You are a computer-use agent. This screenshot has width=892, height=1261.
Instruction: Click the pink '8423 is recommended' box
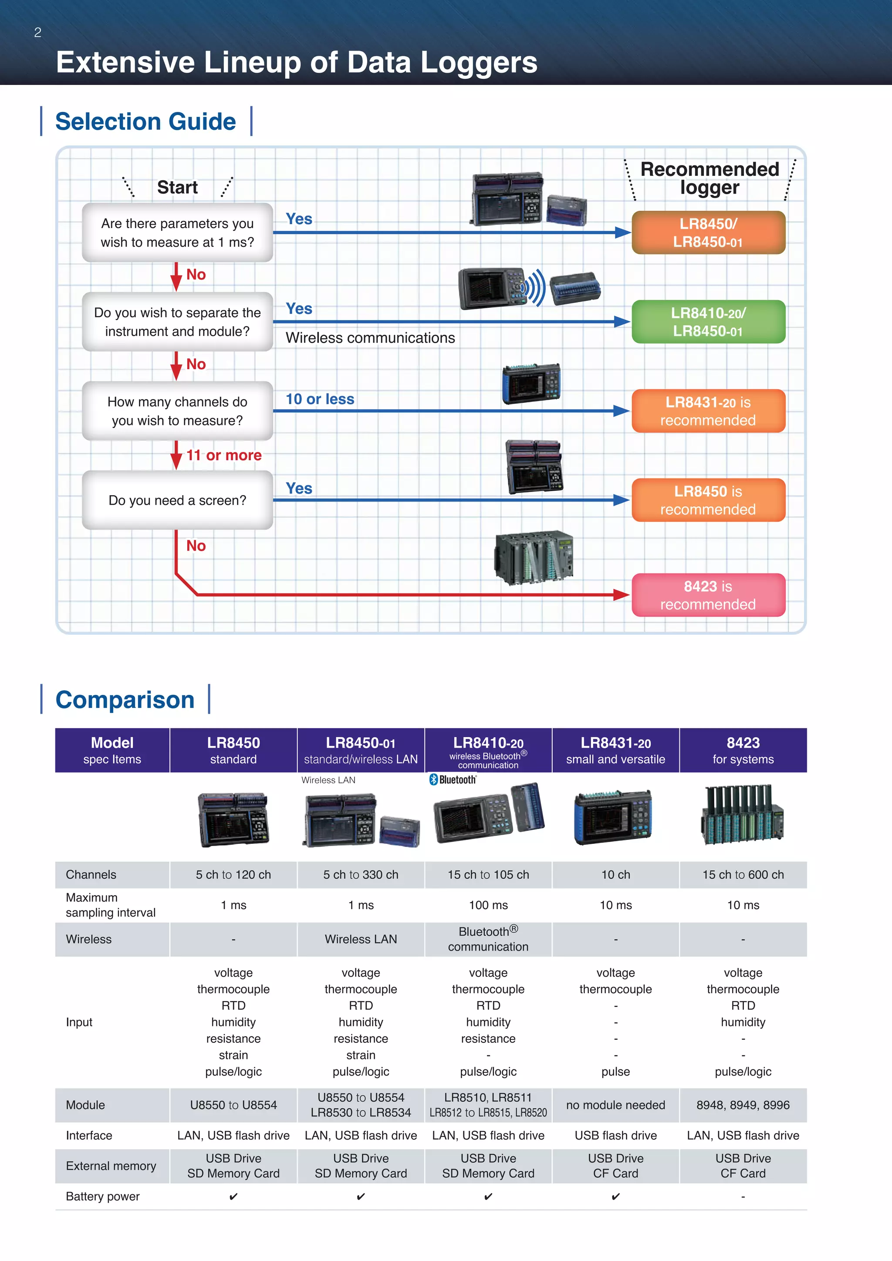click(708, 595)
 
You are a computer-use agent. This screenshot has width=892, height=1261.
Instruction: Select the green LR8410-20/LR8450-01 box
click(708, 322)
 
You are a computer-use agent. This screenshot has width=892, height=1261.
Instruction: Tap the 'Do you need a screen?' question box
click(177, 500)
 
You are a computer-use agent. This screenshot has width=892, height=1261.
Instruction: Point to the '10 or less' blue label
click(320, 399)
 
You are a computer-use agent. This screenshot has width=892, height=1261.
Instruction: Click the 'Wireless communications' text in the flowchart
click(370, 338)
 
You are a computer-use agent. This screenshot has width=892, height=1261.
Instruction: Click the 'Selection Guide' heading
click(145, 121)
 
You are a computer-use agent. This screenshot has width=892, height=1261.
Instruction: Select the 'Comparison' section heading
click(125, 700)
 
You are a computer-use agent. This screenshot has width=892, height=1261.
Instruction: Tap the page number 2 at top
click(37, 32)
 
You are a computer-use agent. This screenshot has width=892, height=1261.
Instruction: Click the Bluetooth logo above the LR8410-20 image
click(453, 779)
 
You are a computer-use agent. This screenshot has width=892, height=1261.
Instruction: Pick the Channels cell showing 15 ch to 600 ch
click(743, 875)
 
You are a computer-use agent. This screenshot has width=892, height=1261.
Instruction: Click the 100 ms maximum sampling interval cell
click(488, 905)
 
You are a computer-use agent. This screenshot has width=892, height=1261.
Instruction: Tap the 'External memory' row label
click(111, 1166)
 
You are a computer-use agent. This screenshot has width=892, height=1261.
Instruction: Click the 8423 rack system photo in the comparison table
click(743, 816)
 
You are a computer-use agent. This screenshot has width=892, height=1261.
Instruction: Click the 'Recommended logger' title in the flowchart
click(709, 178)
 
